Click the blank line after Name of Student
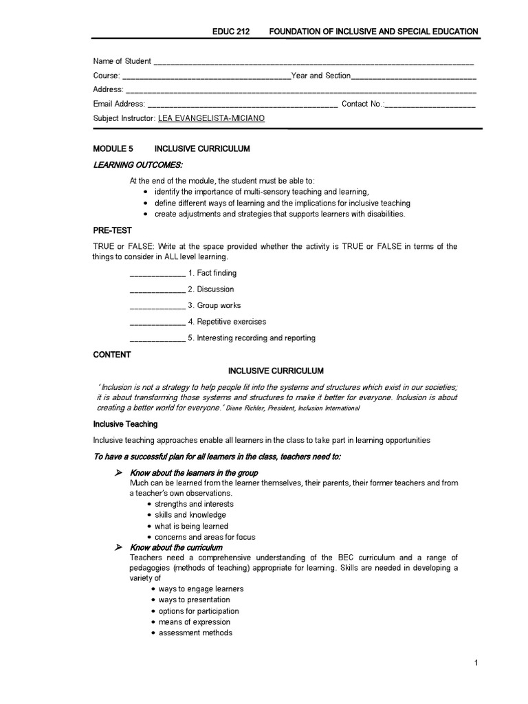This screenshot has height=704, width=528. click(x=313, y=62)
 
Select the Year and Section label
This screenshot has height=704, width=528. click(x=321, y=76)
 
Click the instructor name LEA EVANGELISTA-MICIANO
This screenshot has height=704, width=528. click(x=211, y=118)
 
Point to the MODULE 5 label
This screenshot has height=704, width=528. click(x=113, y=148)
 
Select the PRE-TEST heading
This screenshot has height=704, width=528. click(x=112, y=230)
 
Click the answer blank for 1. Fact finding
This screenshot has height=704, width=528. click(x=157, y=274)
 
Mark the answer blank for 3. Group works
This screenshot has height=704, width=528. click(x=157, y=306)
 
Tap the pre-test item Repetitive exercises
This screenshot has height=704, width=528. click(x=231, y=322)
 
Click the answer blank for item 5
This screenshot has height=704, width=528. click(x=157, y=338)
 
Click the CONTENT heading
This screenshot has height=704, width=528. click(x=112, y=355)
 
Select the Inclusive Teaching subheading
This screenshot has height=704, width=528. click(x=125, y=424)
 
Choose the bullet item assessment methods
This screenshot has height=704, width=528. click(x=195, y=632)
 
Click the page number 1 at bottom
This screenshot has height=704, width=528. click(x=475, y=663)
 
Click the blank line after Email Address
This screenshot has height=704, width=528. click(x=243, y=104)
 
